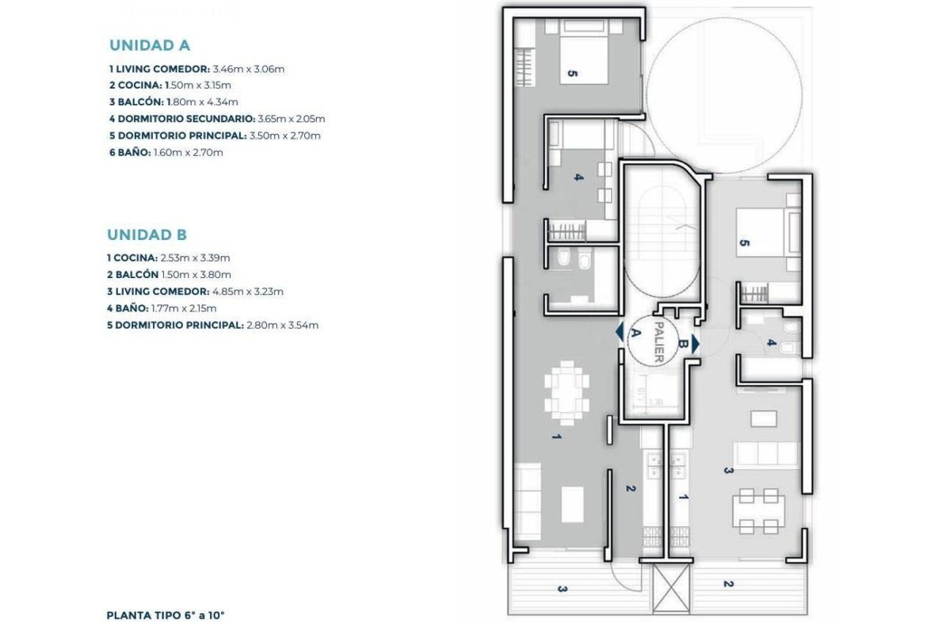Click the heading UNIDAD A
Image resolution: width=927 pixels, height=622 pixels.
[x=150, y=45]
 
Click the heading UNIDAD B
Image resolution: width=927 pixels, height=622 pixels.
[x=147, y=235]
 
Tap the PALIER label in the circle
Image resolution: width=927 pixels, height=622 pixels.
[x=658, y=342]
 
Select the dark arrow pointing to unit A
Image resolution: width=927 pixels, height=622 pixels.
[x=619, y=332]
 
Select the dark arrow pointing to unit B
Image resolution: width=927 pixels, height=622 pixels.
[x=696, y=344]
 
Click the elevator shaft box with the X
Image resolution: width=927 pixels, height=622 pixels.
[x=671, y=590]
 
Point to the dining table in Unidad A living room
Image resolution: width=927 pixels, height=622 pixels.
[x=566, y=392]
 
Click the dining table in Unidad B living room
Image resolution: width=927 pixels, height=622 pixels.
[x=758, y=511]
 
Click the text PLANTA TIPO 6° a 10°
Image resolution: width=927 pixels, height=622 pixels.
[x=166, y=616]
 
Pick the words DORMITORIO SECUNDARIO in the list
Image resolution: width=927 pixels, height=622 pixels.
[x=186, y=119]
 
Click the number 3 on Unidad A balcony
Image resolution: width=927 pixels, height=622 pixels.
[x=563, y=589]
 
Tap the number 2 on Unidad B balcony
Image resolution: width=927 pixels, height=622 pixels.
[x=728, y=583]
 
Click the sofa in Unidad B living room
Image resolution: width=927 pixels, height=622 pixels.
[x=767, y=453]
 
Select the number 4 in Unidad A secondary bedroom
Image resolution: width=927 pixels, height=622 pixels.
[x=579, y=177]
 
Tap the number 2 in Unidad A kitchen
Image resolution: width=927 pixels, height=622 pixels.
[x=630, y=488]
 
